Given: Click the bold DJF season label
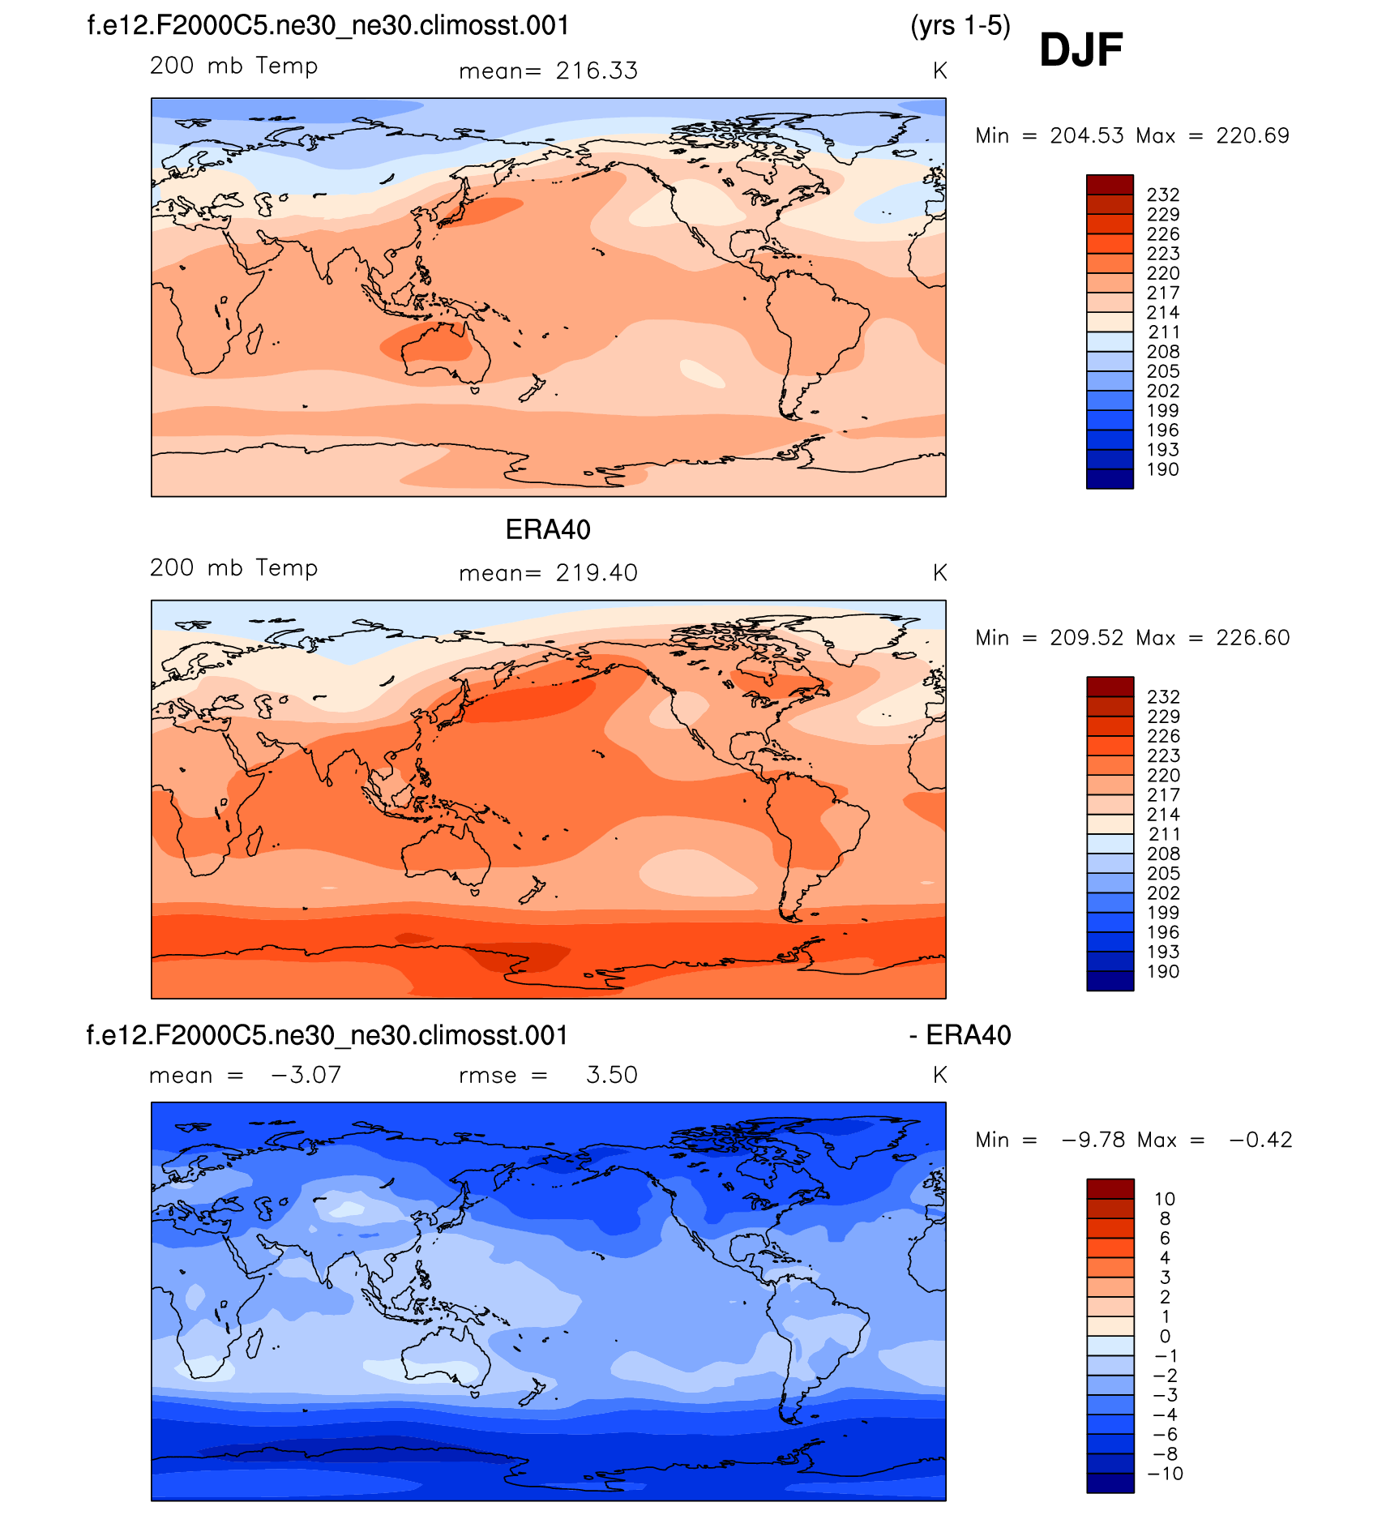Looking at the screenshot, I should [x=1080, y=50].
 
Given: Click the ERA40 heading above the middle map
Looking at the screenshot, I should [x=548, y=529].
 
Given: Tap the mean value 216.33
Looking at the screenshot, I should [x=597, y=71].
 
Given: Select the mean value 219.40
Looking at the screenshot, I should [x=597, y=573].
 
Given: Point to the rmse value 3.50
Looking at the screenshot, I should [x=612, y=1075].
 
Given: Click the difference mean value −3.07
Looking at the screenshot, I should [x=306, y=1075].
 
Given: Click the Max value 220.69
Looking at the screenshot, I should [x=1252, y=135].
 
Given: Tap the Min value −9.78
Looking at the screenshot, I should [x=1093, y=1140].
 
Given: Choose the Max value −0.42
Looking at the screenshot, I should [x=1260, y=1140].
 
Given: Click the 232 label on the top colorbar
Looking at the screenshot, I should [x=1163, y=195].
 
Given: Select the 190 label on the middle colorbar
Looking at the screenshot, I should [x=1163, y=971].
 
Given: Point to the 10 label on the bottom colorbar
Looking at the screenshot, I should [x=1165, y=1199].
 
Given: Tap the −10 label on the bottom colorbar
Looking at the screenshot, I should [x=1166, y=1474].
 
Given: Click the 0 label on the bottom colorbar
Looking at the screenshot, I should [x=1165, y=1336].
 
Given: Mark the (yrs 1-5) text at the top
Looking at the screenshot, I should [x=960, y=26].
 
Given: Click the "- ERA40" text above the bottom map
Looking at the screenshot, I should [x=960, y=1035].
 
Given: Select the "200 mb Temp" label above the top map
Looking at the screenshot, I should [x=233, y=66].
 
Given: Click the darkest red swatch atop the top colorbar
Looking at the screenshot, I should [x=1110, y=184].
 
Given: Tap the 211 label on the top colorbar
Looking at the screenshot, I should [x=1163, y=332].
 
